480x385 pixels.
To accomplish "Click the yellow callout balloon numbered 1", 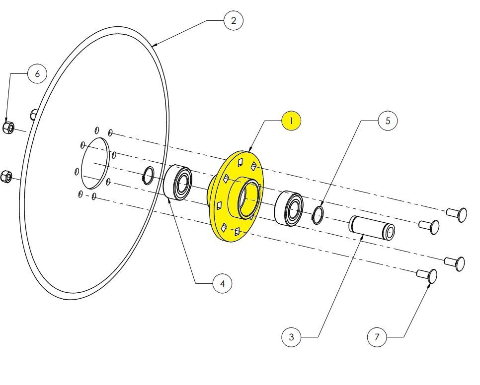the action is (291, 121).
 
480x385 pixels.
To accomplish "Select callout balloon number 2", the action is (234, 20).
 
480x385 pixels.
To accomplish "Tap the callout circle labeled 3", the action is (291, 337).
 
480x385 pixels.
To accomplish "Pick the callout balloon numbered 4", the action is (223, 284).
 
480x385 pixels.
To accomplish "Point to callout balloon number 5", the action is (388, 121).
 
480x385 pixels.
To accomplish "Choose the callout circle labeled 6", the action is (37, 73).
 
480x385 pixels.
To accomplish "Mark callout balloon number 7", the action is (377, 337).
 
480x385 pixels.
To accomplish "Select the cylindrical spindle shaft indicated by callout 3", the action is (372, 227).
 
